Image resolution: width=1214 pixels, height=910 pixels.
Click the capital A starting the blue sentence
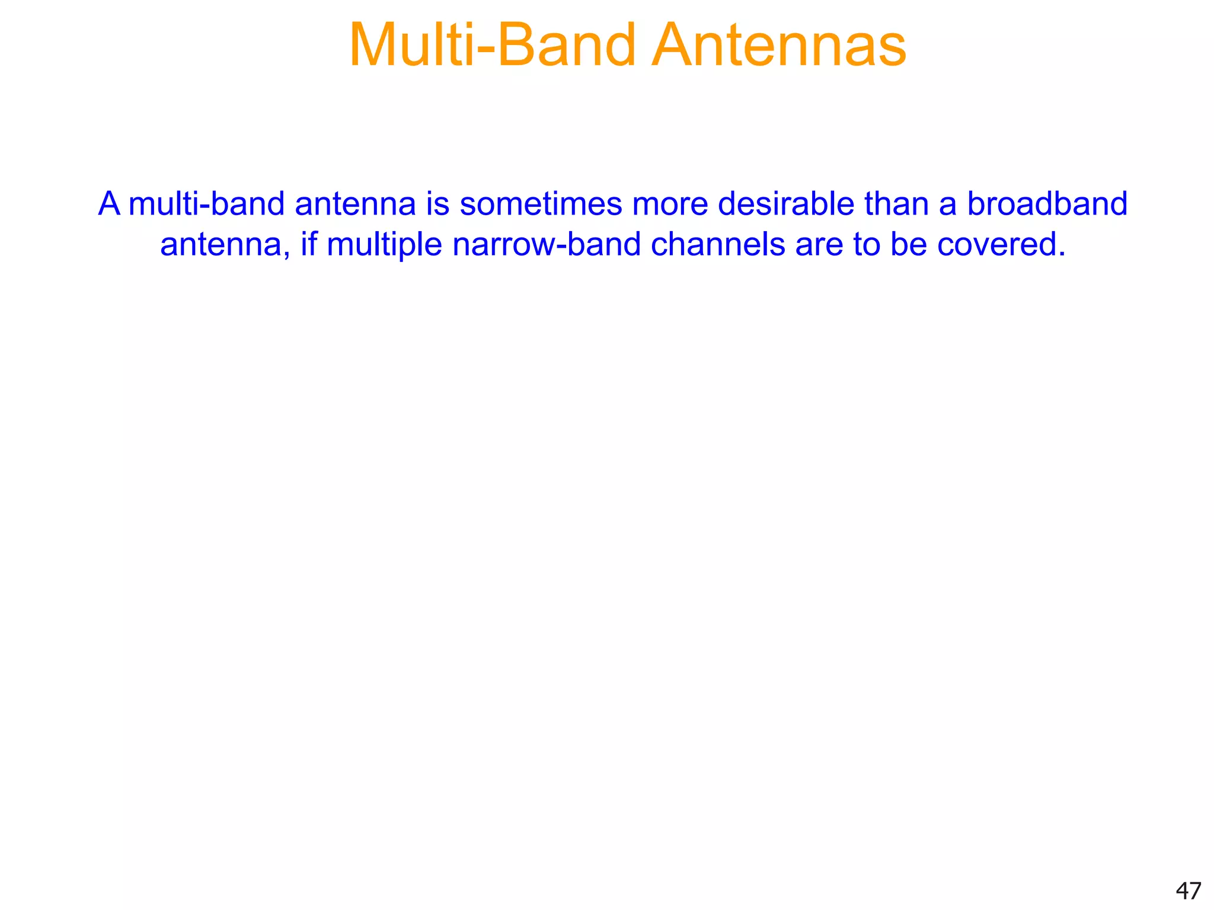coord(109,204)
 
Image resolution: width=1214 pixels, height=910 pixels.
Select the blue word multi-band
coord(206,204)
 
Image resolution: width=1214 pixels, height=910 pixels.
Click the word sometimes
coord(541,204)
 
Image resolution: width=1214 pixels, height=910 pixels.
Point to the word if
coord(309,244)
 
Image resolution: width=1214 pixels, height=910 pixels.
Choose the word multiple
coord(384,245)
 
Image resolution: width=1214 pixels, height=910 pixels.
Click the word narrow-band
coord(547,244)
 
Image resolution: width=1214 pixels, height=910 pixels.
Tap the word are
coord(819,244)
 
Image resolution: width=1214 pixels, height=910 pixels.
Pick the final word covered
coord(1001,244)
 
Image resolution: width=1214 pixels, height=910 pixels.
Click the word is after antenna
coord(437,204)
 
